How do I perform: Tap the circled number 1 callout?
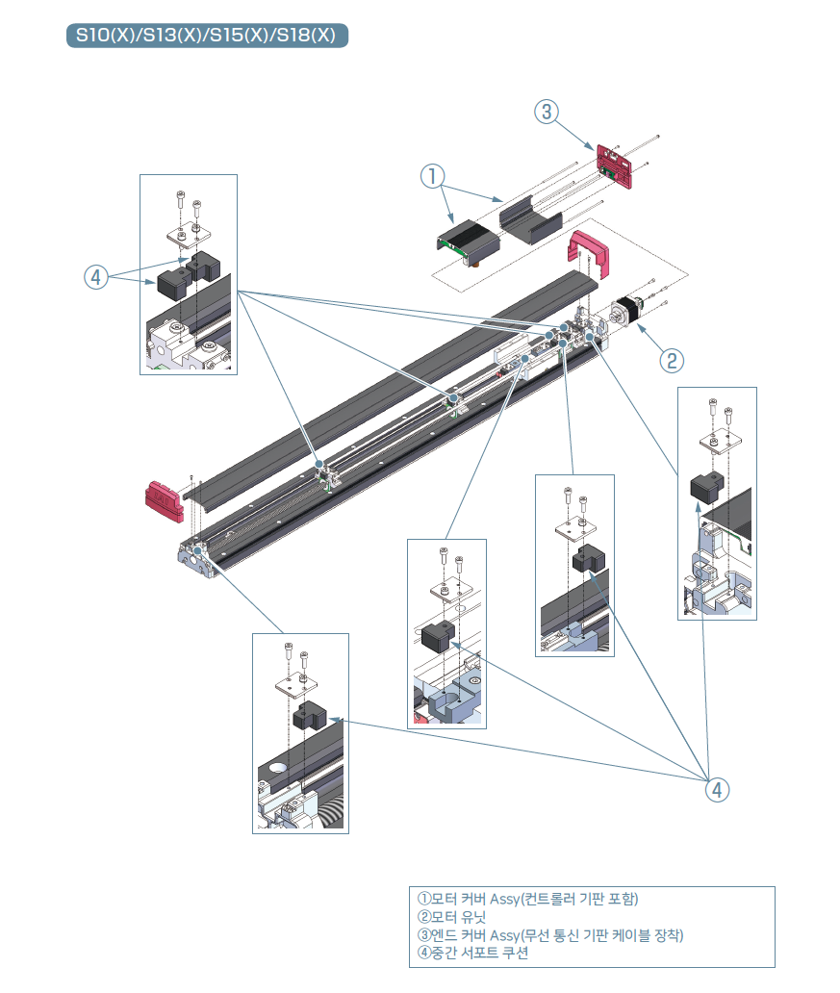(x=433, y=176)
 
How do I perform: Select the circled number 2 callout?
(x=672, y=361)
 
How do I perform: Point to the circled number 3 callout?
(x=546, y=113)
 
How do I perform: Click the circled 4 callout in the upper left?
(x=94, y=277)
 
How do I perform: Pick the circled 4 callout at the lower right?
(x=716, y=790)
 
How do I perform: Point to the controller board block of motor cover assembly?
(x=466, y=242)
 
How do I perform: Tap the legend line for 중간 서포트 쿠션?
(x=472, y=954)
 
